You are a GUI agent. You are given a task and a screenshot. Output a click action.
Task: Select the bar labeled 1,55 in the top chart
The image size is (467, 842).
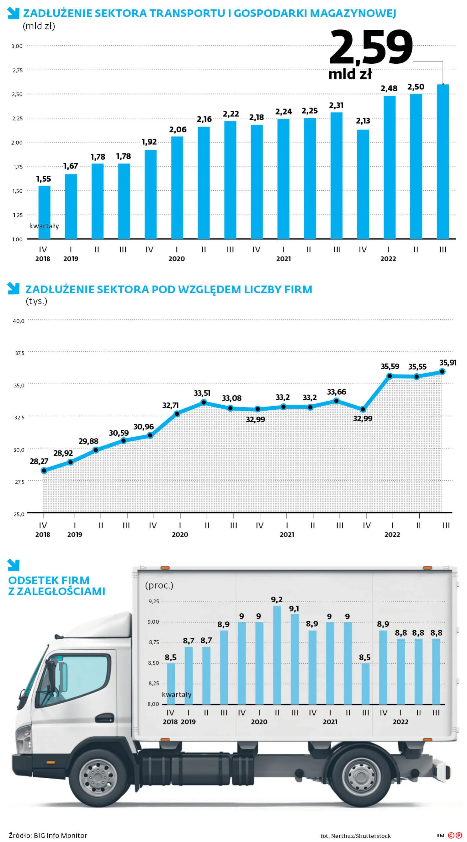click(x=44, y=212)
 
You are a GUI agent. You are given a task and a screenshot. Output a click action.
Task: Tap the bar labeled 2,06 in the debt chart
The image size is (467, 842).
click(x=177, y=188)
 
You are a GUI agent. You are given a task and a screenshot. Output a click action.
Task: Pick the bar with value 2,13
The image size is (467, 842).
click(x=363, y=184)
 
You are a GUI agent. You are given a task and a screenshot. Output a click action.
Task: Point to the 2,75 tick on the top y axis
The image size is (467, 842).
click(x=18, y=70)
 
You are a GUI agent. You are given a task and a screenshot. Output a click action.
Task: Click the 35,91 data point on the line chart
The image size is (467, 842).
click(x=442, y=372)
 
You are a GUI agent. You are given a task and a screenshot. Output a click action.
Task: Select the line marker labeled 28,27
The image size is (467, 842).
click(x=44, y=471)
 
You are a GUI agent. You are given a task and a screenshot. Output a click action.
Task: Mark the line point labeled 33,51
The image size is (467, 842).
click(x=204, y=402)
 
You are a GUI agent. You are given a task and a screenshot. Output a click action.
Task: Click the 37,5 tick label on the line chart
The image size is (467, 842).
click(x=20, y=353)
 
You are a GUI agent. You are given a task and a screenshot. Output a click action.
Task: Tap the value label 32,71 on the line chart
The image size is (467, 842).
click(x=170, y=405)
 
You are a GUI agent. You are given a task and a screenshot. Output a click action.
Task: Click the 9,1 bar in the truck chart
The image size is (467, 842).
click(x=295, y=659)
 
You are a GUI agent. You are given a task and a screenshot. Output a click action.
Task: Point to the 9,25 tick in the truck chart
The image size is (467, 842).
click(x=154, y=602)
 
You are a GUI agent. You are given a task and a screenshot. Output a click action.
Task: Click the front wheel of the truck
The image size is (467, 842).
click(x=98, y=778)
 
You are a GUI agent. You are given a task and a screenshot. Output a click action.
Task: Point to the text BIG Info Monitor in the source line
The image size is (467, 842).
click(x=60, y=835)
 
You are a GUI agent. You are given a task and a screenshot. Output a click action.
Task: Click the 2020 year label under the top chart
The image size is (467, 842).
click(x=176, y=259)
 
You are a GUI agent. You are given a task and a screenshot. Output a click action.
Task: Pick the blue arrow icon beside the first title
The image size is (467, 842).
click(x=13, y=13)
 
